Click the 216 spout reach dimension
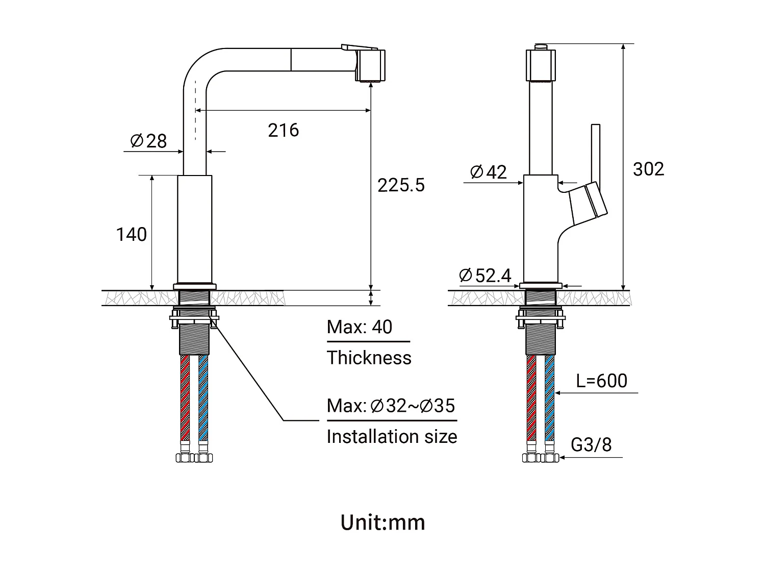(283, 130)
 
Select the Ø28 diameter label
(148, 141)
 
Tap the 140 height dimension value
(132, 234)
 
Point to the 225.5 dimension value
(401, 185)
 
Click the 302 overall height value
(648, 169)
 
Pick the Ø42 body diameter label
(488, 172)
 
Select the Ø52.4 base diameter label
(485, 276)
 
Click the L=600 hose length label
(602, 381)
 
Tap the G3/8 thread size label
(591, 444)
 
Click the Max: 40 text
(360, 327)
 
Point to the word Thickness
(369, 358)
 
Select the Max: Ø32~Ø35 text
(391, 406)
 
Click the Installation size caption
(392, 437)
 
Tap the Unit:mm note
(382, 522)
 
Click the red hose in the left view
(185, 398)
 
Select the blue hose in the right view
(549, 398)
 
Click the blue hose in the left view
(203, 398)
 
